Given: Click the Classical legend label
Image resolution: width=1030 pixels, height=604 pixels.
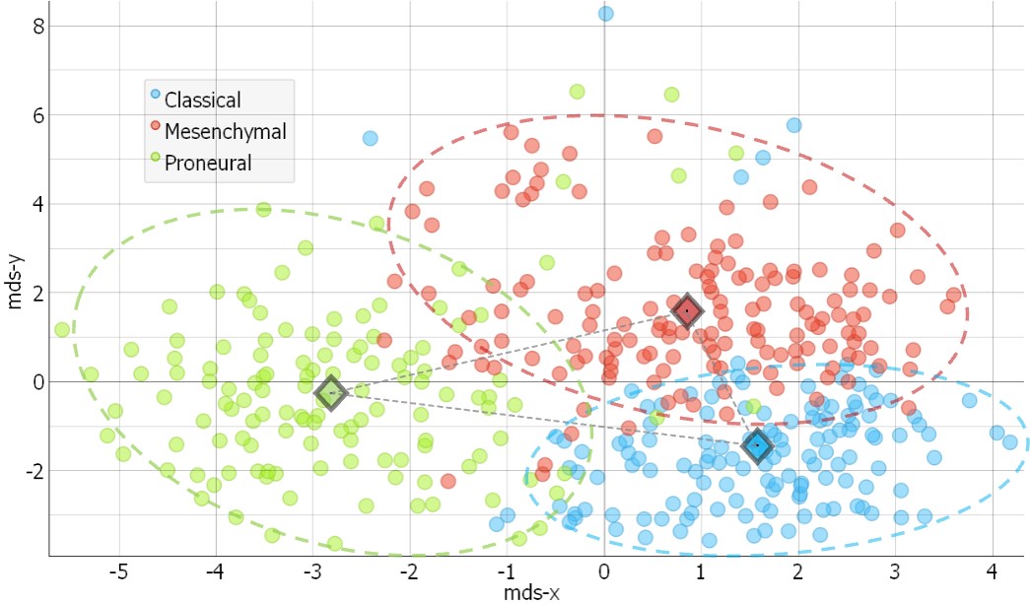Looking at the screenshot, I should coord(202,100).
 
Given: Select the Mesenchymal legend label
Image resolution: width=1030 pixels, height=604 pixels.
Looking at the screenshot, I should coord(226,131).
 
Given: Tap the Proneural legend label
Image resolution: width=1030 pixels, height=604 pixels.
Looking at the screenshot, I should coord(208,163).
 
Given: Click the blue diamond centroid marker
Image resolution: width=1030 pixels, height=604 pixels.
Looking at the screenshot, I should coord(757,445).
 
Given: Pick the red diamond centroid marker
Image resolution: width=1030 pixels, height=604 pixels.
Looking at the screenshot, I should coord(687,311).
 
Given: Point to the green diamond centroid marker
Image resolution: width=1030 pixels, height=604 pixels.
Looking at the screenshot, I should coord(331,392).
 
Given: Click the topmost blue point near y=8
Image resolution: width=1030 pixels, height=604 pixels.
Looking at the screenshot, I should coord(605,13).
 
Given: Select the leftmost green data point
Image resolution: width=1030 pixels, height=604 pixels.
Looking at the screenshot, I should coord(62,329).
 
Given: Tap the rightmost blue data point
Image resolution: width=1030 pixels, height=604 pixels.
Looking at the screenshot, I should coord(1009,441).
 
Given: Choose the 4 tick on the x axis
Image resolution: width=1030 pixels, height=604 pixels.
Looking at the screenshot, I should coord(991,571).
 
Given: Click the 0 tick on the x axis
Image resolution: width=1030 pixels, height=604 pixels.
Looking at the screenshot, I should coord(603,571).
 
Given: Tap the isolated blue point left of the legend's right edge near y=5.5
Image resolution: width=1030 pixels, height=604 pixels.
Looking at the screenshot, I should coord(370,138).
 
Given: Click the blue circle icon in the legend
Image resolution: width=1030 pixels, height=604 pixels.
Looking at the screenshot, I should coord(155,96).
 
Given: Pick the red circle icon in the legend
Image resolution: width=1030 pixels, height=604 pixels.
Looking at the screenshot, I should coord(155,127).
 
